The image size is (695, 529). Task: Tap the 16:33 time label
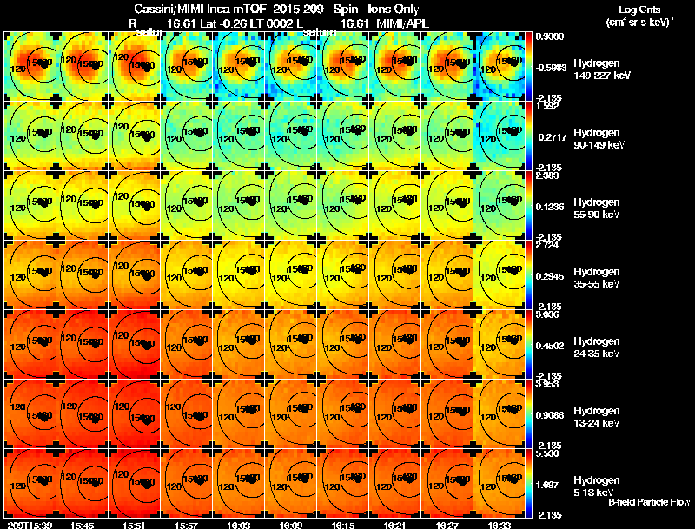[x=500, y=525]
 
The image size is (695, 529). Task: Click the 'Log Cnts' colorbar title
[x=638, y=9]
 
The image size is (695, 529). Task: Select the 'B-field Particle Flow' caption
[x=649, y=502]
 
